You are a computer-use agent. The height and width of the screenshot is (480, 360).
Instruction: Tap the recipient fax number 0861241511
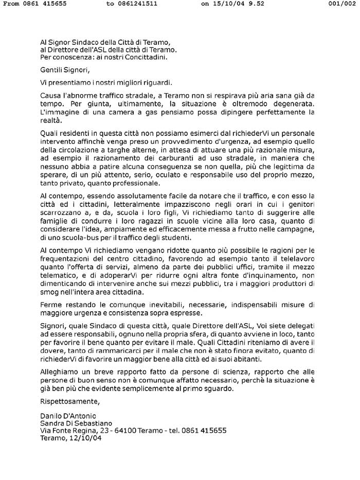click(x=138, y=4)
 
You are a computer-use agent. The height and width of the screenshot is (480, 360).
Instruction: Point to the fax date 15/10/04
click(x=232, y=4)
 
